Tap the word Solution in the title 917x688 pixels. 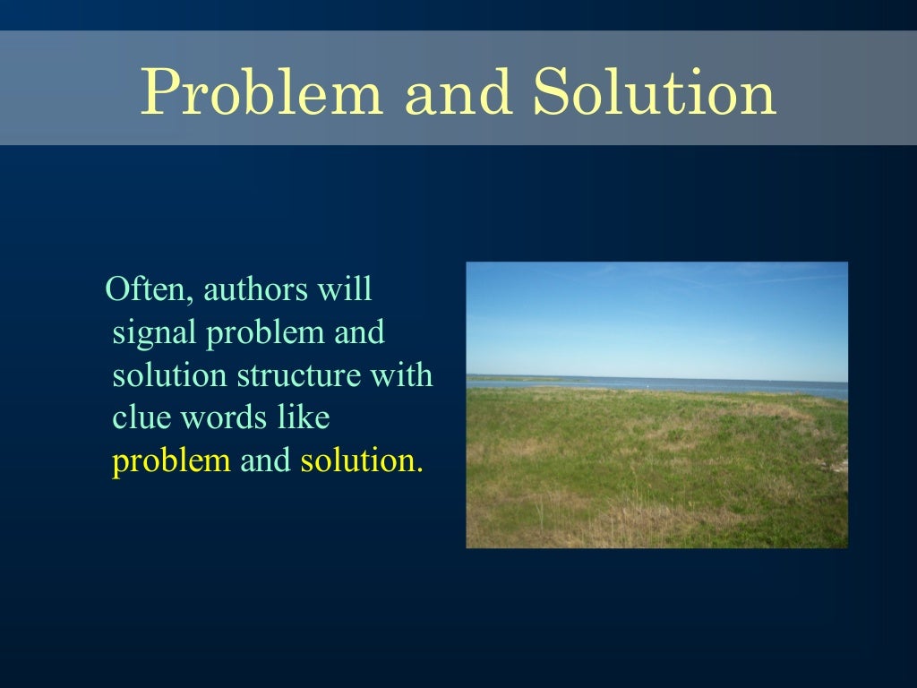click(x=655, y=93)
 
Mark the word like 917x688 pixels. click(x=303, y=418)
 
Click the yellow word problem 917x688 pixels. click(x=171, y=461)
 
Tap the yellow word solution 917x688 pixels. click(x=359, y=461)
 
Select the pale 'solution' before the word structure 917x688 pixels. click(x=169, y=375)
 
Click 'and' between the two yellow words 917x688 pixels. click(x=266, y=461)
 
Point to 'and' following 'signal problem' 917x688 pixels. click(x=358, y=333)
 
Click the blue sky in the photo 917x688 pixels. click(x=656, y=314)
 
